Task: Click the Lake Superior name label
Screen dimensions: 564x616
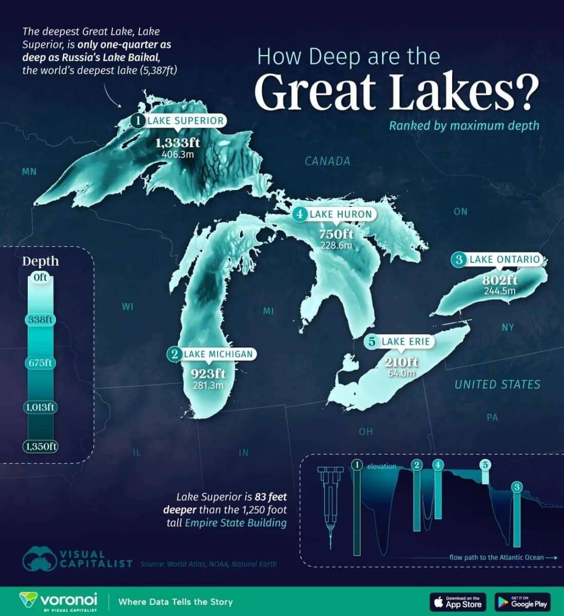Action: (185, 121)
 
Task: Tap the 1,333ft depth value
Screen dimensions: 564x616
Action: (178, 142)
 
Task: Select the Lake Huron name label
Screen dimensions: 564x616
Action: (340, 214)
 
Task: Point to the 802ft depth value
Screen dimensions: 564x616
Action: (499, 280)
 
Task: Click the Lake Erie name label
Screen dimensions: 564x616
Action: (405, 341)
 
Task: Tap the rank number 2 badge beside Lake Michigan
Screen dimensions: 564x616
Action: (175, 354)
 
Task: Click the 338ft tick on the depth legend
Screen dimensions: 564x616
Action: (41, 320)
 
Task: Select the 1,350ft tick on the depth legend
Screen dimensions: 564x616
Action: (40, 446)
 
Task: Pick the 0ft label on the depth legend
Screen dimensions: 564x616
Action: (41, 278)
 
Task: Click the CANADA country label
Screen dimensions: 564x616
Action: (327, 161)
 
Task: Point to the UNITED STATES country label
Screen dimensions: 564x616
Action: (497, 384)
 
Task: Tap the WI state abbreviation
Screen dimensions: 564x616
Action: (128, 307)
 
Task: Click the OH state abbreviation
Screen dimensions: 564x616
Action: (366, 432)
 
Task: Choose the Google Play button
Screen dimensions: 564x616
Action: (522, 602)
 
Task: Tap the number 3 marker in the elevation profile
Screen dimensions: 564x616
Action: (517, 487)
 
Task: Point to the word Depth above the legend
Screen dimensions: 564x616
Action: (41, 261)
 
